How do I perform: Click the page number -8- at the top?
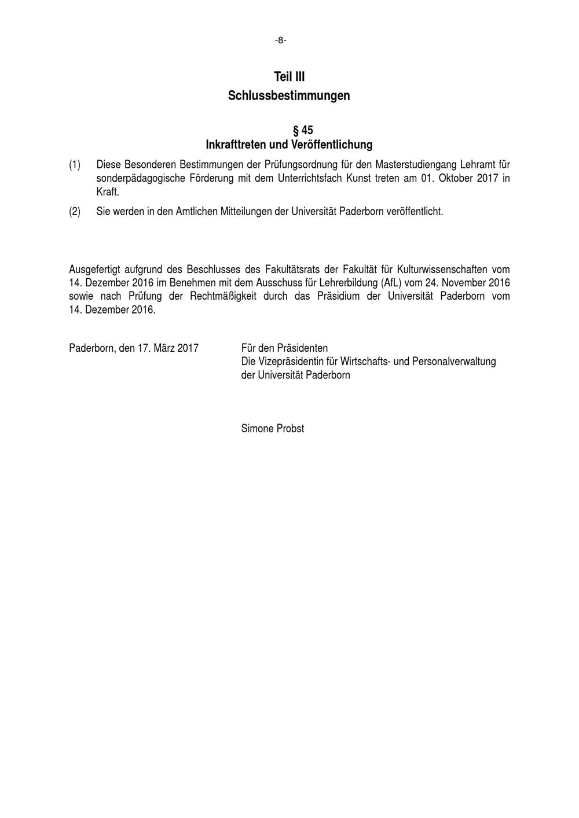[x=280, y=40]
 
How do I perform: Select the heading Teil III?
[x=289, y=77]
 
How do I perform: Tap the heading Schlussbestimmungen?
[x=289, y=95]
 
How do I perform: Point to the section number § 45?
[x=303, y=130]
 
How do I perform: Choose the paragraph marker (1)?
[x=75, y=165]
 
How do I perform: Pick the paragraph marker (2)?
[x=75, y=212]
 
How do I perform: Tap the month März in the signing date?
[x=164, y=348]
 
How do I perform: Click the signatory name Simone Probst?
[x=272, y=429]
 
